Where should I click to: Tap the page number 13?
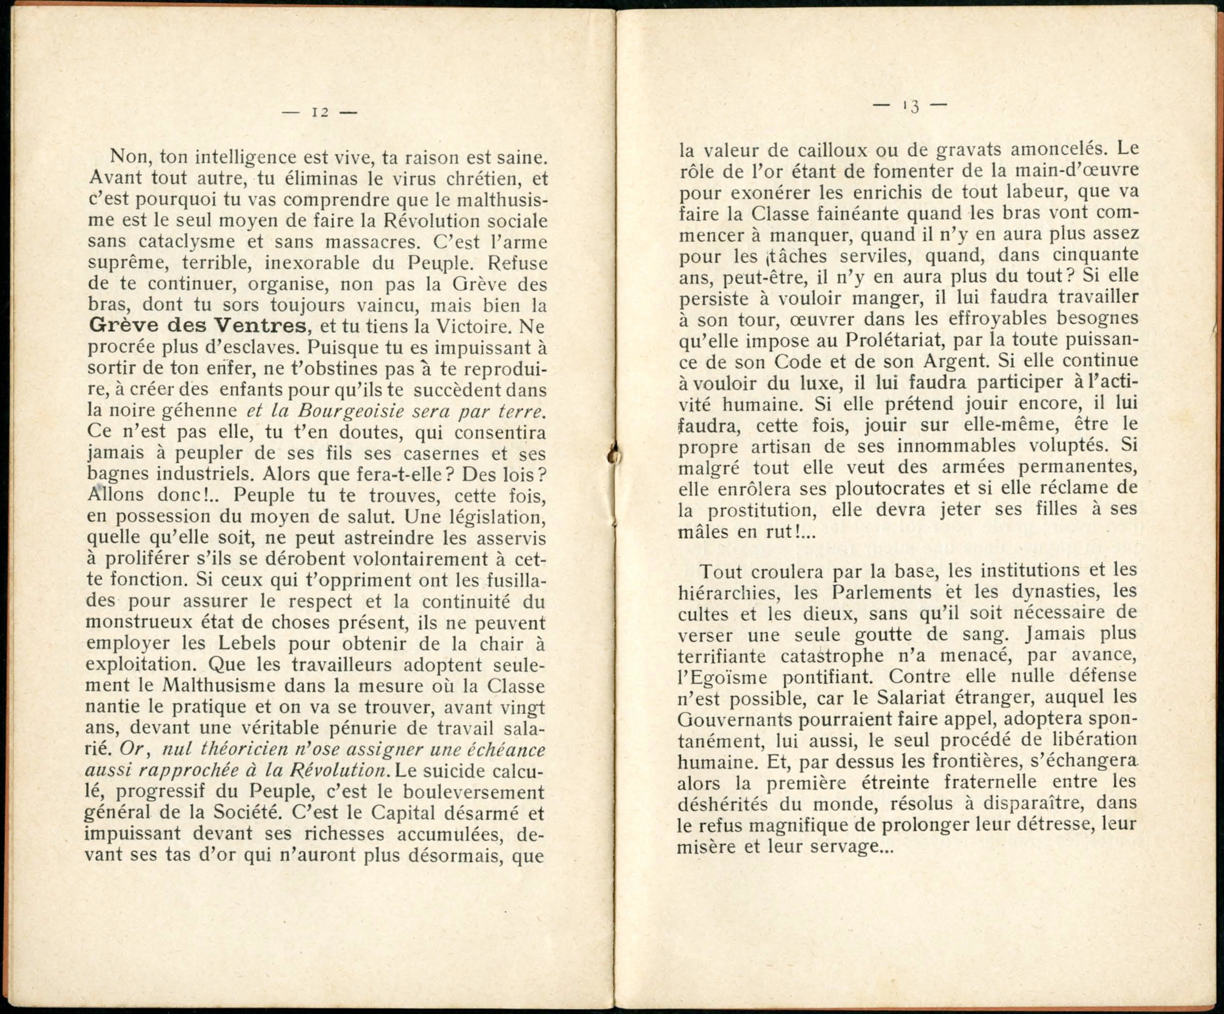(x=910, y=106)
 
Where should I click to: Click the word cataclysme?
(x=187, y=241)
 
